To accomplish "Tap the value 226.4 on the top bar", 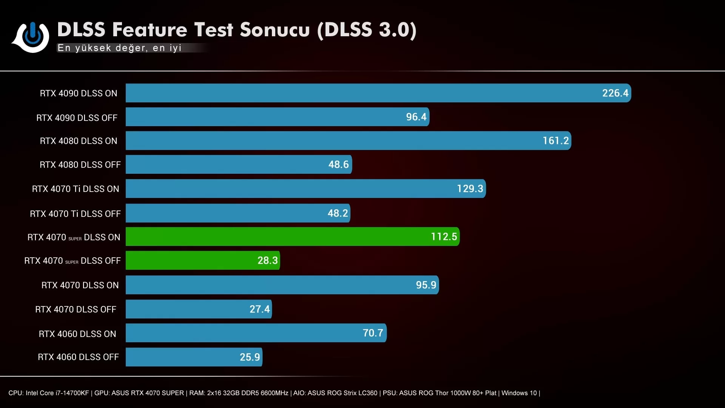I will [x=615, y=93].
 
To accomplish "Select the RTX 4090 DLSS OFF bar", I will [x=277, y=117].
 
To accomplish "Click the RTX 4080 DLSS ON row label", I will [x=79, y=141].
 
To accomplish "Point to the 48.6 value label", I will [x=338, y=164].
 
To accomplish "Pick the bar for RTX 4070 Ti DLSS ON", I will [x=305, y=189].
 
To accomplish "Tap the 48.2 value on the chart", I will [x=338, y=213].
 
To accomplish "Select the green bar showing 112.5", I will [x=292, y=236].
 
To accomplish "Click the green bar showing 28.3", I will [x=202, y=260].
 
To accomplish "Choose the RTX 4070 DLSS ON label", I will [x=80, y=285].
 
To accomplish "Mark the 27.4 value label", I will [x=259, y=309].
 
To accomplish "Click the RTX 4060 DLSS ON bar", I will [x=256, y=333].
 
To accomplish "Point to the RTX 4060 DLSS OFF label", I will [x=78, y=357].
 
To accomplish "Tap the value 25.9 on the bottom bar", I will [x=250, y=357].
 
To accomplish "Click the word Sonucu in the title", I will [x=275, y=30].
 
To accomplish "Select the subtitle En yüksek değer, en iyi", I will [x=119, y=48].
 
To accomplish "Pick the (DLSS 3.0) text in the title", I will [x=367, y=30].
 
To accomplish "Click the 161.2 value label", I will [x=555, y=141].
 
